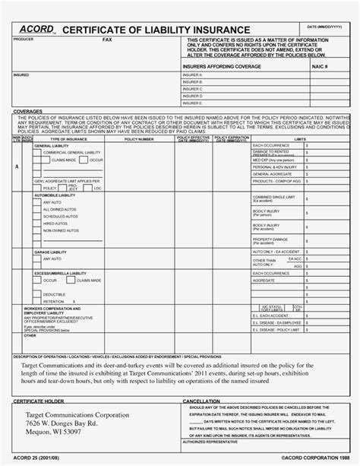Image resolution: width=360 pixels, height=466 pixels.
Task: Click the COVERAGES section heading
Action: pos(28,111)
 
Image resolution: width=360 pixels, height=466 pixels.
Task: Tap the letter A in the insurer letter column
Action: pos(17,166)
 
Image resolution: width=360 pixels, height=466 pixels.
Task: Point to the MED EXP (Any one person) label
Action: pos(273,160)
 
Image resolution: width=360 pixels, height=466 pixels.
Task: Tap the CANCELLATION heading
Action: pos(201,398)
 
